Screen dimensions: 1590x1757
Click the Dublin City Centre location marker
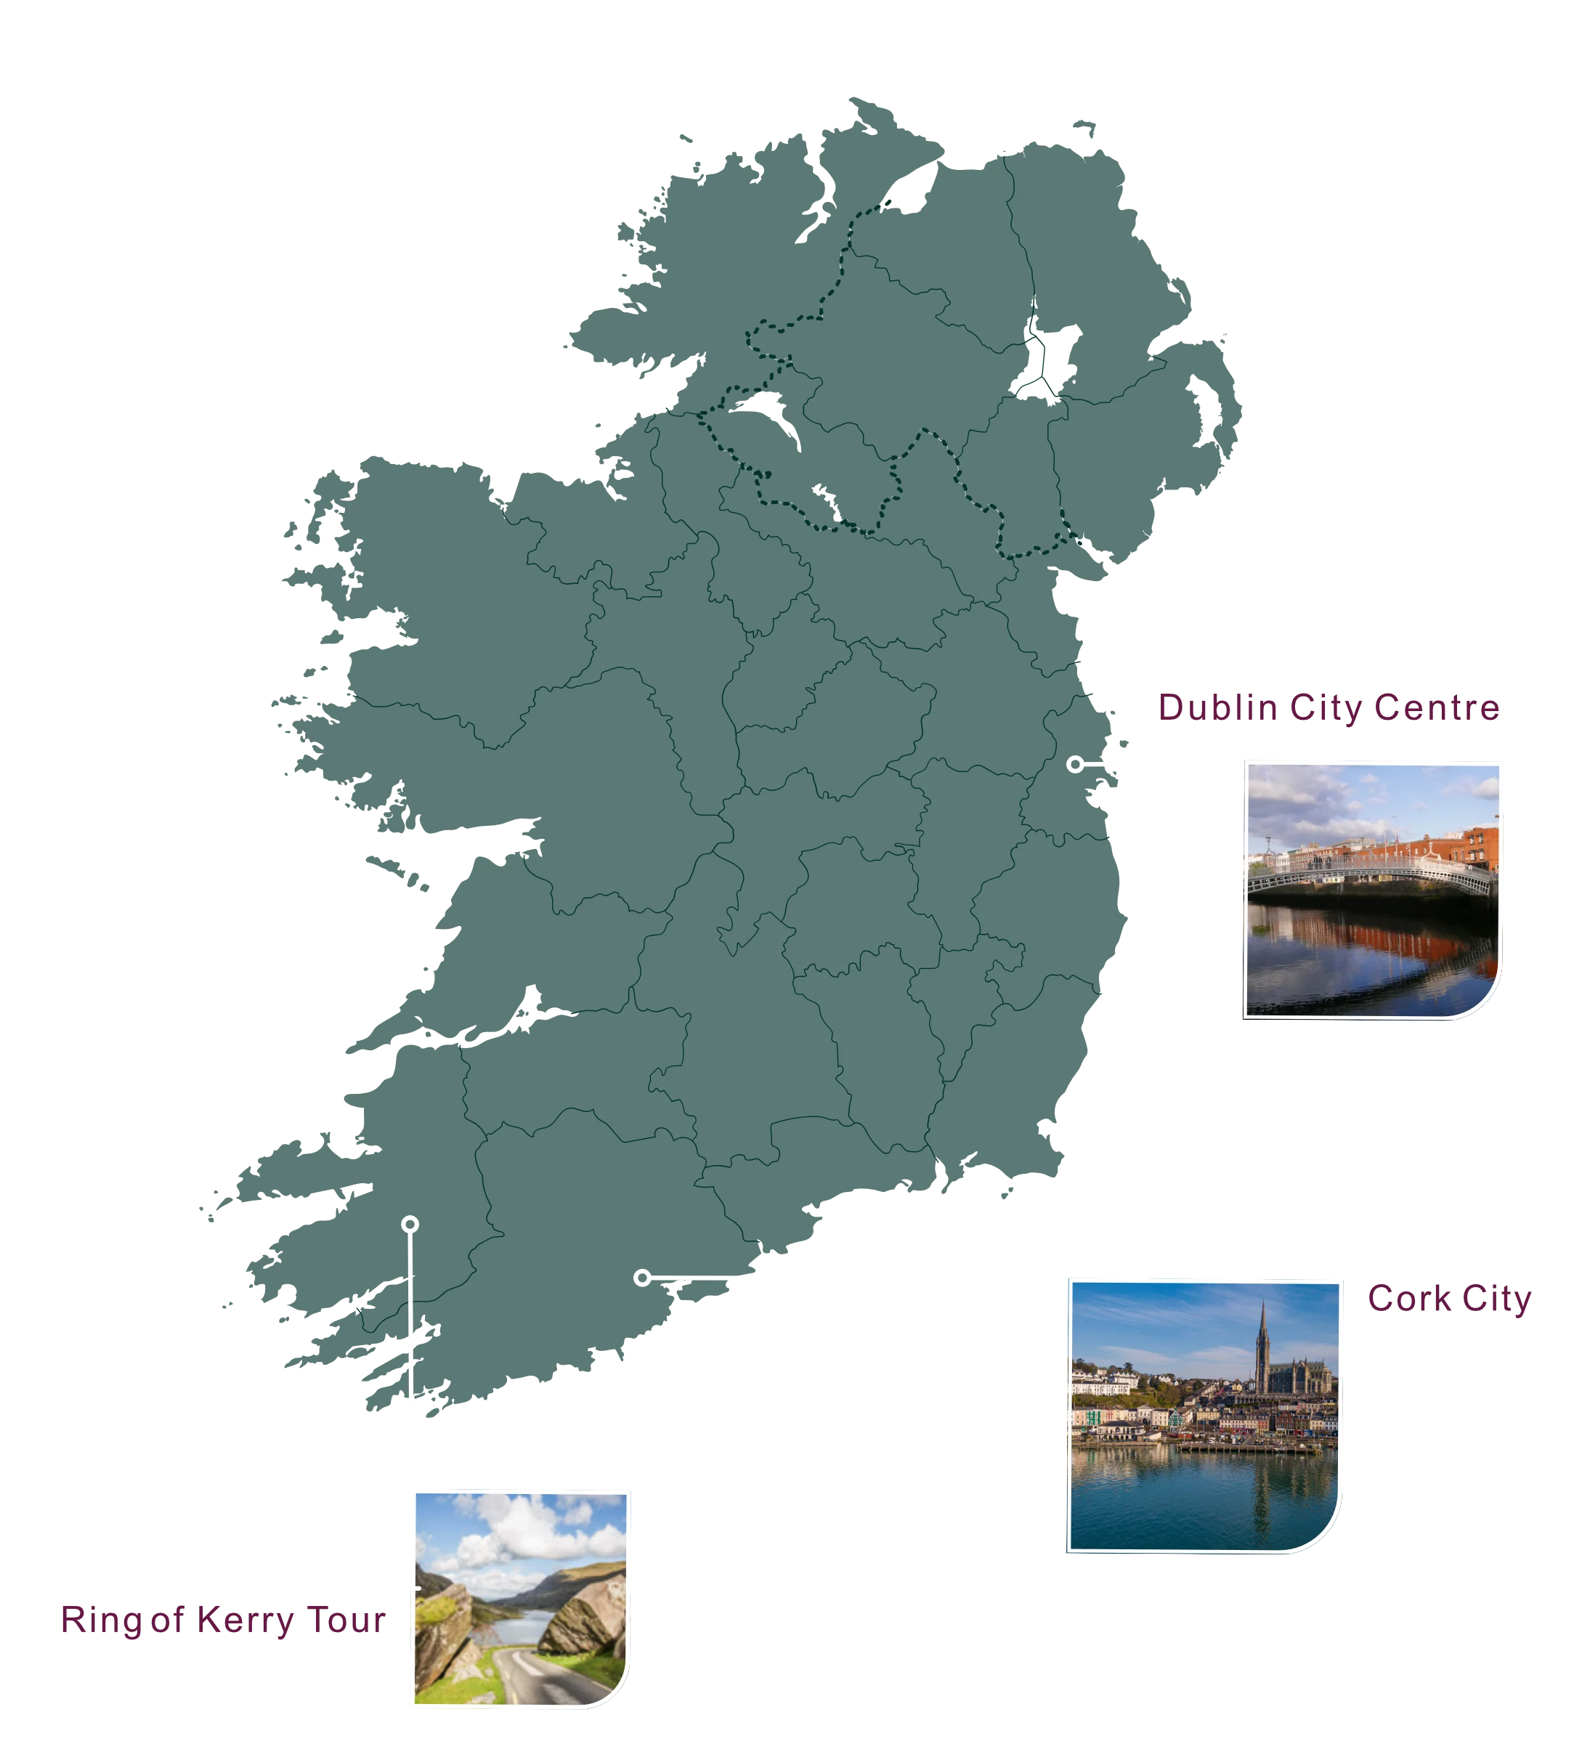pyautogui.click(x=1076, y=764)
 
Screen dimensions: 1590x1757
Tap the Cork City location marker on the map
pyautogui.click(x=642, y=1278)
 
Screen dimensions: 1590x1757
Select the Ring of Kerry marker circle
pyautogui.click(x=410, y=1225)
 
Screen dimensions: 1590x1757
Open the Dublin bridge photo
pyautogui.click(x=1373, y=890)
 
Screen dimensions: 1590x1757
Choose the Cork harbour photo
pyautogui.click(x=1204, y=1416)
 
